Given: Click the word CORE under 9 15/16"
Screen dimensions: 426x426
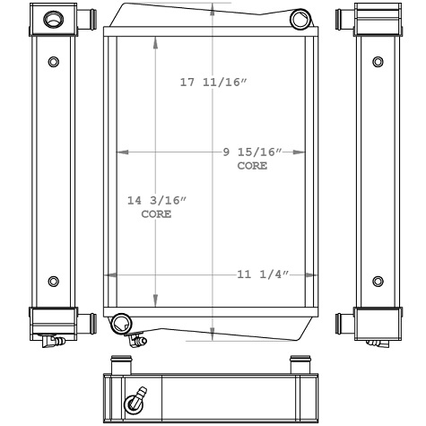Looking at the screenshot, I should click(x=252, y=167).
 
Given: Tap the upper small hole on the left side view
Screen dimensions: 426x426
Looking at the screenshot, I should click(x=54, y=63).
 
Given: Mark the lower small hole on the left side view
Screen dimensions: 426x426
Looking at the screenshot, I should click(x=54, y=282).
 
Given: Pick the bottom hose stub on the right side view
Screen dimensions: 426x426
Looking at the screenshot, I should click(x=343, y=320).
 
